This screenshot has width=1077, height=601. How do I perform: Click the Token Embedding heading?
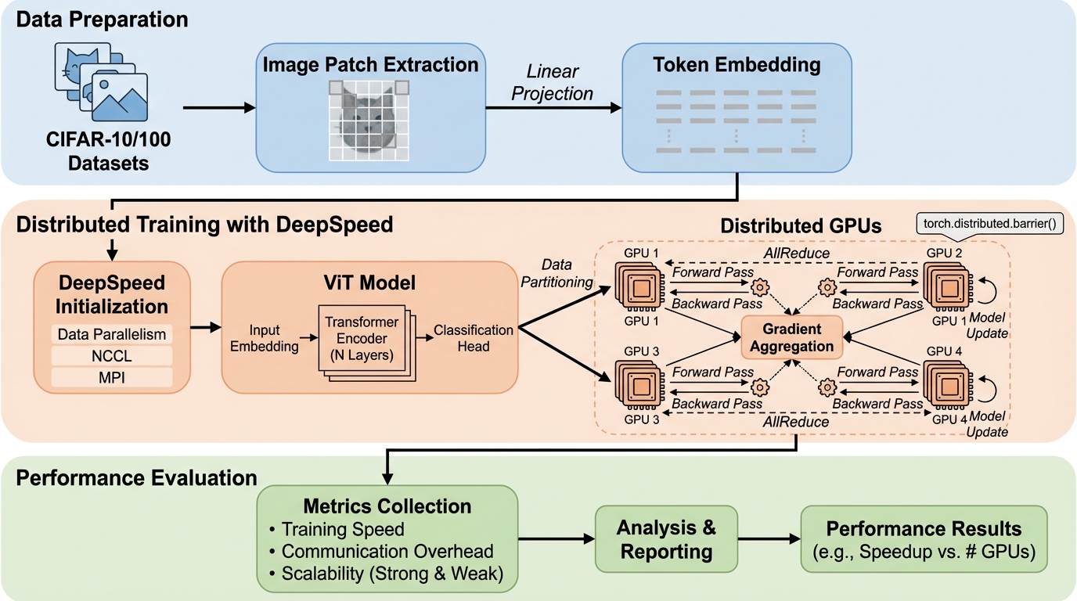pyautogui.click(x=737, y=64)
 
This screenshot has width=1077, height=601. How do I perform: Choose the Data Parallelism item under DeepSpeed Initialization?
pyautogui.click(x=113, y=334)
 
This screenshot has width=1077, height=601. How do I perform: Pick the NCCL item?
pyautogui.click(x=113, y=356)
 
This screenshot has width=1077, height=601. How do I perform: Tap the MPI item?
pyautogui.click(x=113, y=378)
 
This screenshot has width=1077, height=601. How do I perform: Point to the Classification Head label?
pyautogui.click(x=474, y=338)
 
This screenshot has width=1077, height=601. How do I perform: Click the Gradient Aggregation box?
pyautogui.click(x=791, y=336)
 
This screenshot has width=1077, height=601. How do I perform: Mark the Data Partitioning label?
pyautogui.click(x=556, y=274)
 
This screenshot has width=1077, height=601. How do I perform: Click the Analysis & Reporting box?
pyautogui.click(x=666, y=539)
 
